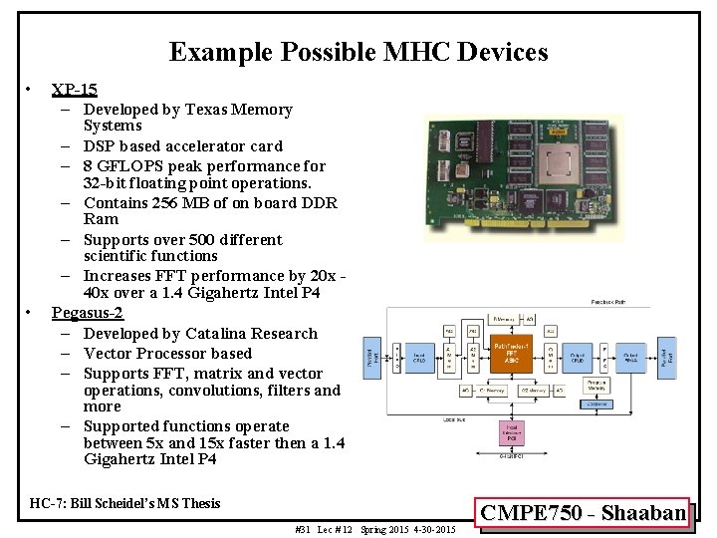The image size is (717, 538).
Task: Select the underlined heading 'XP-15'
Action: pos(74,90)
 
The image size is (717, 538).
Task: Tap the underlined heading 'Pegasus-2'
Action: pos(87,314)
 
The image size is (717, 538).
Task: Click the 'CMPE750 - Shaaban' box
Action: pos(584,513)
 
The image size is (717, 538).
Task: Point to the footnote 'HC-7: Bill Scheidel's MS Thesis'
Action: pos(125,503)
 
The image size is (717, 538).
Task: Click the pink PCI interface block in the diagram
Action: pos(512,433)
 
